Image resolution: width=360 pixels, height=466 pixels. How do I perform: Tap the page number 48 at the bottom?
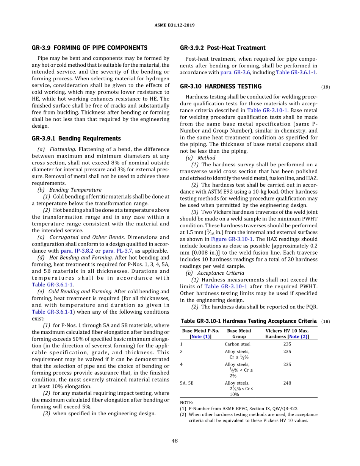175,441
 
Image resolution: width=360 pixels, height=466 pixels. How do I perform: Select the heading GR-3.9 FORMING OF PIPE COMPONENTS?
89,48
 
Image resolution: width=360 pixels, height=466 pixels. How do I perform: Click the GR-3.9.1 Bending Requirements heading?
76,138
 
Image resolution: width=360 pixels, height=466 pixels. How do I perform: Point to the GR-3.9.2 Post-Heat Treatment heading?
222,48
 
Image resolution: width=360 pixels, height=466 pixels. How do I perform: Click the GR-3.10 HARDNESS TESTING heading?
221,86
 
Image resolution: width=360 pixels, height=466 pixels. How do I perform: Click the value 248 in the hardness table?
287,383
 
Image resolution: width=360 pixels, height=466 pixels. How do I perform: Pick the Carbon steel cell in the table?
237,344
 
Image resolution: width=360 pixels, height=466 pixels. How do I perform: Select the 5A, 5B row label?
186,383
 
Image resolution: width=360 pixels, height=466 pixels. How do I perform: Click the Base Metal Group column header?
239,333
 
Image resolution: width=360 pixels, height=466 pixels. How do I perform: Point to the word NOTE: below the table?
186,402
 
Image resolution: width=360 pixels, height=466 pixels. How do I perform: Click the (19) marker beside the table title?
326,321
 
